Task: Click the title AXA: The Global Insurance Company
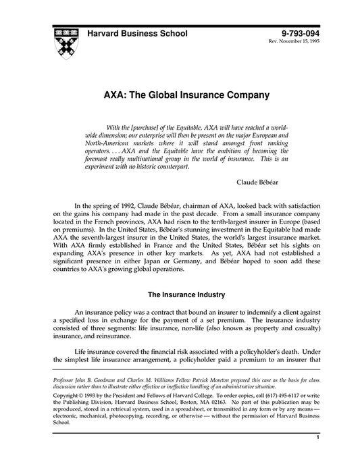[180, 95]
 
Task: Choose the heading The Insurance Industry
[180, 294]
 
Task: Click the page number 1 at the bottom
[317, 457]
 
